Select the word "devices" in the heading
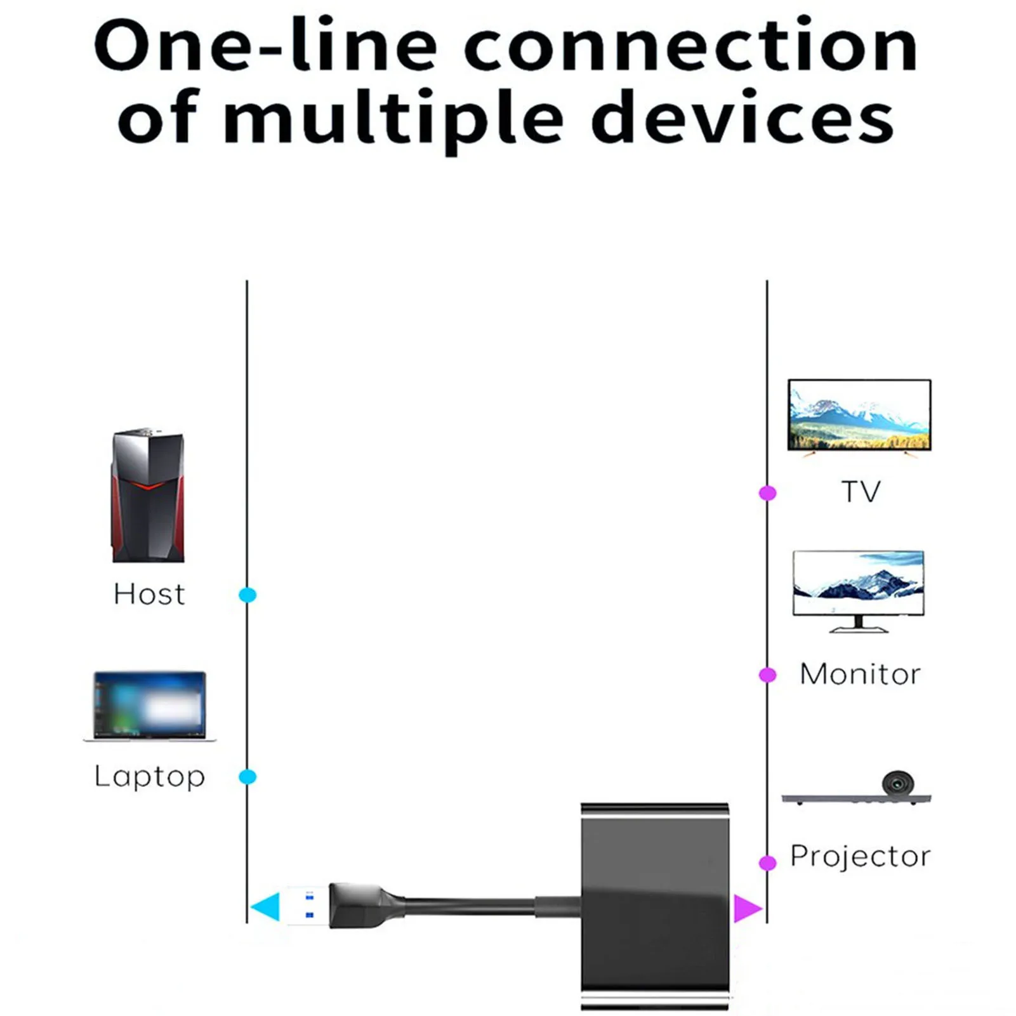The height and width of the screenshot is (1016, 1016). pos(742,118)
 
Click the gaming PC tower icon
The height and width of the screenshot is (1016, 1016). pos(148,496)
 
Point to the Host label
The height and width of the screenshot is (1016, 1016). pos(149,595)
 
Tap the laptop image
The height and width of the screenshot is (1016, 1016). pos(150,706)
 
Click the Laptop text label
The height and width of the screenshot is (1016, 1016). pos(150,777)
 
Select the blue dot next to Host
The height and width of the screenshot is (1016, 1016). pos(247,595)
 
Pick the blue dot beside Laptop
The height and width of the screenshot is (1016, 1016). pos(247,777)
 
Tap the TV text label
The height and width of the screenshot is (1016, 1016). pos(861,492)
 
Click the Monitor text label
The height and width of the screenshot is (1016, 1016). pos(860,674)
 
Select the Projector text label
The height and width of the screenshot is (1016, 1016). pos(860,856)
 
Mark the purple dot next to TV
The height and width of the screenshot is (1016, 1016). pos(768,493)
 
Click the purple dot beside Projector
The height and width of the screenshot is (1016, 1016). pos(768,863)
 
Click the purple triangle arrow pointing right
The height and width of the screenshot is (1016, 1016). pos(746,907)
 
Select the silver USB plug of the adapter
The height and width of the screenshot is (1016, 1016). pos(307,906)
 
